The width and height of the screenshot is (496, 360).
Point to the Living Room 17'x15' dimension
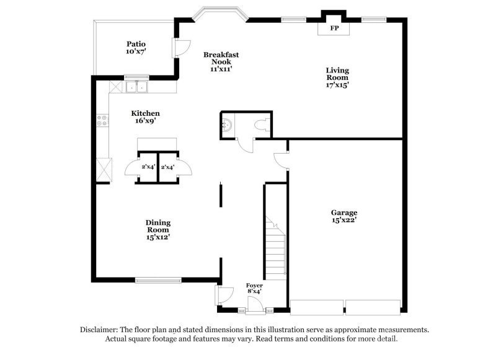point(337,86)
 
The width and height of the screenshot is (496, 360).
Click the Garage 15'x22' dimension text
point(343,219)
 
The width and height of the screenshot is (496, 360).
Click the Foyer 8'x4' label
point(254,288)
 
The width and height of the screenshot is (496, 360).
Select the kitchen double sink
point(136,87)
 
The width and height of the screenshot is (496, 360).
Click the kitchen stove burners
point(102,121)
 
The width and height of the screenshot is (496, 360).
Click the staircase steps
point(276,248)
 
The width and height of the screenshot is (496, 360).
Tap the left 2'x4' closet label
point(148,167)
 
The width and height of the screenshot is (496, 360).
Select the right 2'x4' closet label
point(167,167)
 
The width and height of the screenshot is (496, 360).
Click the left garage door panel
point(317,307)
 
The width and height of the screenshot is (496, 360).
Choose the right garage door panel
point(373,307)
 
